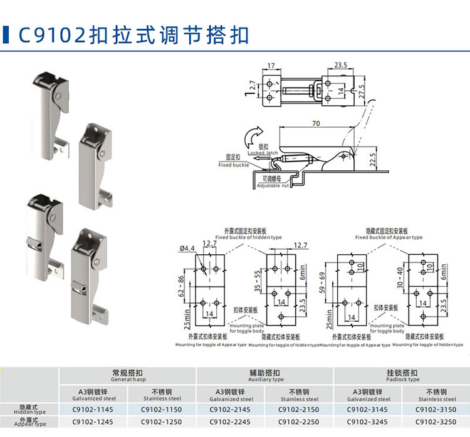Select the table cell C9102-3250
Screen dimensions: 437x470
pos(436,422)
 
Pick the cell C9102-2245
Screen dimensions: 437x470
pos(231,422)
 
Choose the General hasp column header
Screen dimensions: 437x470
pos(128,375)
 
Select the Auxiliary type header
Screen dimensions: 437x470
pos(266,375)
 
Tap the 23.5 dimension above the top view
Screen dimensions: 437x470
pos(340,65)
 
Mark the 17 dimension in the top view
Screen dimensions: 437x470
pos(271,65)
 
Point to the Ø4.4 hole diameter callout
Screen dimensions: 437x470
pos(187,249)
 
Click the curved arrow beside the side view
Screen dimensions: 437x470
pos(253,135)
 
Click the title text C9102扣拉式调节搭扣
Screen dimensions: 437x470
pos(134,34)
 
